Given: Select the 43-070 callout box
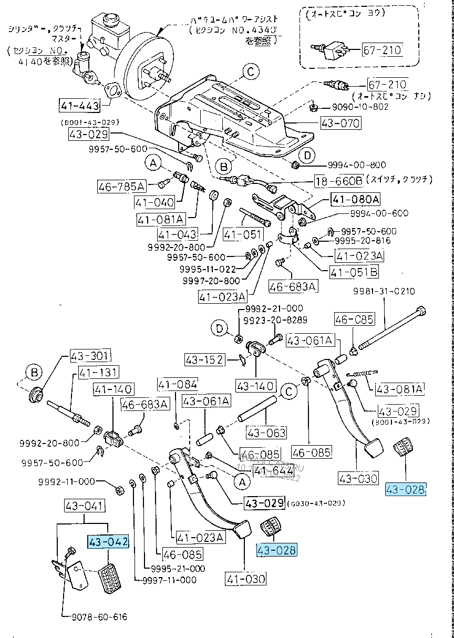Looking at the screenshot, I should tap(340, 124).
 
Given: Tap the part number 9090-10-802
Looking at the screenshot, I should tap(360, 107).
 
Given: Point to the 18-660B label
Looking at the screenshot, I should tap(338, 181).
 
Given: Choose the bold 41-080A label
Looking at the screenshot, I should tap(355, 199).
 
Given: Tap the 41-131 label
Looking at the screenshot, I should tap(98, 373).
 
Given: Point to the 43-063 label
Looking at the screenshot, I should tap(266, 433).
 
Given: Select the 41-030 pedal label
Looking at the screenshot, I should tap(246, 579).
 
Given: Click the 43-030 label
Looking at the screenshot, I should tap(343, 478).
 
